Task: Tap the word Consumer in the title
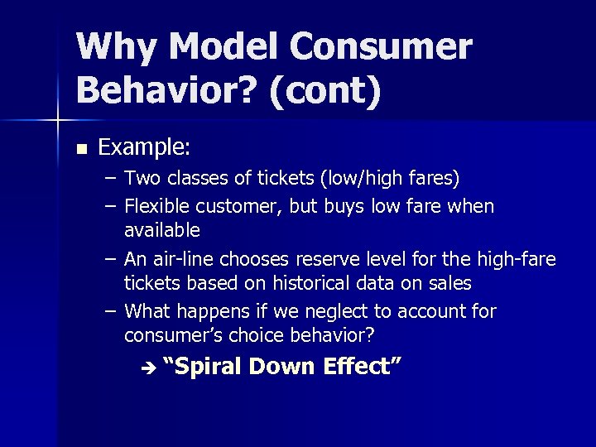click(389, 47)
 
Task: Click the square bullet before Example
click(80, 150)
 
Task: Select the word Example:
click(145, 148)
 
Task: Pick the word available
click(162, 229)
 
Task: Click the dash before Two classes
click(111, 178)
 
